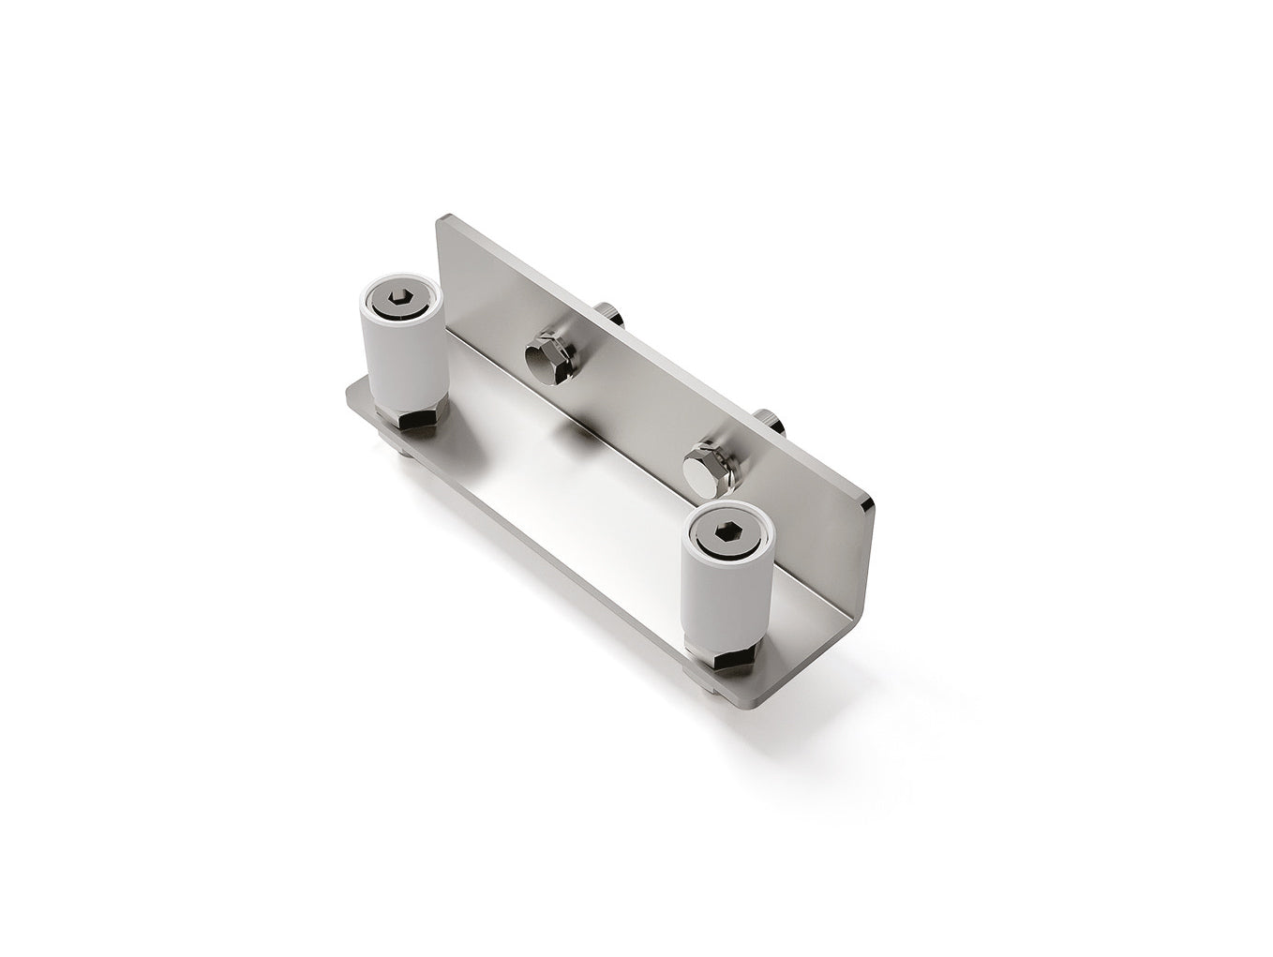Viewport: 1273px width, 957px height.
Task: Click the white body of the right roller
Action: coord(724,600)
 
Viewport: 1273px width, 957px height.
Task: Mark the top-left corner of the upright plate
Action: coord(442,221)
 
